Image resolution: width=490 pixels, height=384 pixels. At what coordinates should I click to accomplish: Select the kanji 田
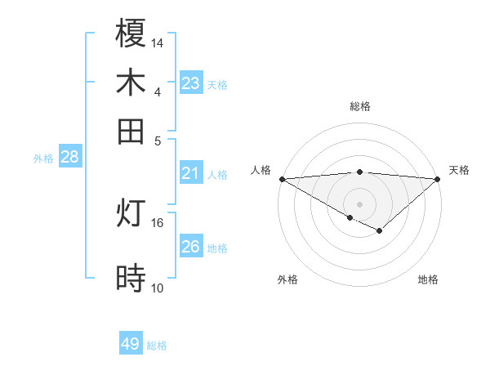131,131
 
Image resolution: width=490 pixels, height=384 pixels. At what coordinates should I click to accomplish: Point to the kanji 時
131,278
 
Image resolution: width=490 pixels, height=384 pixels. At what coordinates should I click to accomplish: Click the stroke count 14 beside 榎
158,42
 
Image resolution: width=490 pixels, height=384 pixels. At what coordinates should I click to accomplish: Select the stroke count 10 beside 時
158,288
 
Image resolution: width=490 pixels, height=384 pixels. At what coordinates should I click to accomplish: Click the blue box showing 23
191,83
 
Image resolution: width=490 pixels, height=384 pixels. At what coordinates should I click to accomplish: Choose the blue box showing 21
191,172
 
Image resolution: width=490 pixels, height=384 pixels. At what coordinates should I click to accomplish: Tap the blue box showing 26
191,246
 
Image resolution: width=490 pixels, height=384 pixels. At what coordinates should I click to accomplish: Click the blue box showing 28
69,157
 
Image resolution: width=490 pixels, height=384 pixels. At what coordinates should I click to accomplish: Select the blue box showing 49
131,344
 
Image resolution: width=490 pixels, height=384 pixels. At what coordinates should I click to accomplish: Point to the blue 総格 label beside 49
157,346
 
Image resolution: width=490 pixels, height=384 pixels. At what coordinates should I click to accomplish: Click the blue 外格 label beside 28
43,159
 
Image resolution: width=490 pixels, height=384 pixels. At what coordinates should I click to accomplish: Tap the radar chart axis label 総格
359,106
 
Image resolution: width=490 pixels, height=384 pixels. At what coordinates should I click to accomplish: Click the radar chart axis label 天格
459,170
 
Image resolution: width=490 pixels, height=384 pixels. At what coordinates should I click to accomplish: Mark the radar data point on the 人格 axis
282,179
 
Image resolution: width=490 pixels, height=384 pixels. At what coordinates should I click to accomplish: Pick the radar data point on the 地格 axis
380,231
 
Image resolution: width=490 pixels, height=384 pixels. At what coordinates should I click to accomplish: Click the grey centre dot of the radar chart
359,203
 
